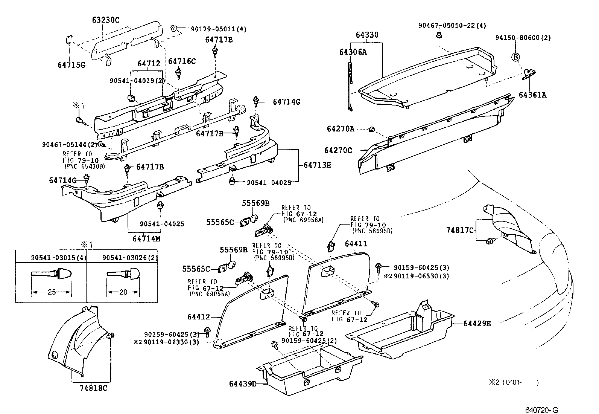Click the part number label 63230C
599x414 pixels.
coord(106,20)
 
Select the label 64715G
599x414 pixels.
coord(71,64)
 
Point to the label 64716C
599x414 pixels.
coord(182,61)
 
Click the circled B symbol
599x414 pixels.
coord(515,57)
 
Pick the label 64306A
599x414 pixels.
coord(353,52)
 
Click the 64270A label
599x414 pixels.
coord(341,129)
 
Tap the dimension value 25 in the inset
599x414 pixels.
coord(52,292)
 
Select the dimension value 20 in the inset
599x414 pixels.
coord(123,292)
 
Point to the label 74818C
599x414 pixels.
coord(93,388)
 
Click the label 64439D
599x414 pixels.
coord(243,384)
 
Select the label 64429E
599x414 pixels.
coord(477,324)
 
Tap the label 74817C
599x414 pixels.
coord(460,230)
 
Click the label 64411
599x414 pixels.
coord(356,244)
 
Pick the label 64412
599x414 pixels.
coord(198,317)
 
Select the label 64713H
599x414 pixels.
coord(317,165)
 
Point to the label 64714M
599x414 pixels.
coord(146,238)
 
